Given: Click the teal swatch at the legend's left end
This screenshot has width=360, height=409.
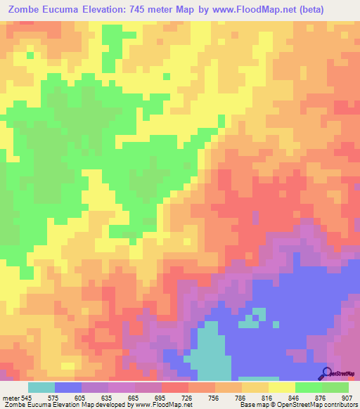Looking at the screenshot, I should pos(41,387).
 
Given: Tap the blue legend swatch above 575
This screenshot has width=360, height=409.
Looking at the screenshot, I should pos(68,387).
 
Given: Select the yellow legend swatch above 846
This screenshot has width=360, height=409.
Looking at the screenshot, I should pos(281,387).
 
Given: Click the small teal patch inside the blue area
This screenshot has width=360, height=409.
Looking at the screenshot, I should pos(259,315).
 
